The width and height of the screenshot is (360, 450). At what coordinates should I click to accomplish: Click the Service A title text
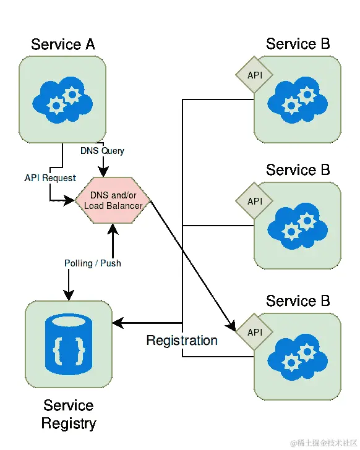tap(63, 45)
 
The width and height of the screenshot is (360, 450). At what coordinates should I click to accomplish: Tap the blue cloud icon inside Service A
tap(62, 100)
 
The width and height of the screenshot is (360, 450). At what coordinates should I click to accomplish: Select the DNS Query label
tap(102, 151)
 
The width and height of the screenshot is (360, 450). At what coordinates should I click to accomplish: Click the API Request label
tap(50, 178)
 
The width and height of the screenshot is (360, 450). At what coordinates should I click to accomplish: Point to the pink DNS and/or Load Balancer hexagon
tap(113, 200)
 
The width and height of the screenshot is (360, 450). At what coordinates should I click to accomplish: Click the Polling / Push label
tap(92, 263)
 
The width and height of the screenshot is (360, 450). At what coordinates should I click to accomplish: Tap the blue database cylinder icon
tap(69, 344)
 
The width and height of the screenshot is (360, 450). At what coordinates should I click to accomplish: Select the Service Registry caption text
tap(69, 414)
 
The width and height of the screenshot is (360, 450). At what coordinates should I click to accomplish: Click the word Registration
tap(182, 341)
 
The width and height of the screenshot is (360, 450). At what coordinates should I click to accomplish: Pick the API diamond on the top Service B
tap(254, 75)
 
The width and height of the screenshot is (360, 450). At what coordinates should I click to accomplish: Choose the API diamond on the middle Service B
tap(254, 201)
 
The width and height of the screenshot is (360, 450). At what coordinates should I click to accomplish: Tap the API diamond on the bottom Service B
tap(254, 332)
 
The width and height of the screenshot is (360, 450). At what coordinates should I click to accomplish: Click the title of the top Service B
tap(298, 44)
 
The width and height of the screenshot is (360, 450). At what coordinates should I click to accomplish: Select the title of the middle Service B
tap(298, 170)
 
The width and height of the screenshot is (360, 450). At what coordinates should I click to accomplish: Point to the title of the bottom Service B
tap(298, 301)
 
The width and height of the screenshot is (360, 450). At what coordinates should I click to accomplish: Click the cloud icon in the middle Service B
tap(298, 226)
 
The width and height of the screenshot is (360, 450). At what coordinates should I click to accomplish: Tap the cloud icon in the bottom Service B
tap(298, 357)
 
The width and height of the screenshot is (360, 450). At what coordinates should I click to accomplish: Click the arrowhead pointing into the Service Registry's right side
tap(118, 323)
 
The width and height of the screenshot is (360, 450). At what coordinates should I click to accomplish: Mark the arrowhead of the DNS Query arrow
tap(103, 172)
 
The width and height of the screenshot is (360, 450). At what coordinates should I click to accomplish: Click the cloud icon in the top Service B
tap(298, 100)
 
